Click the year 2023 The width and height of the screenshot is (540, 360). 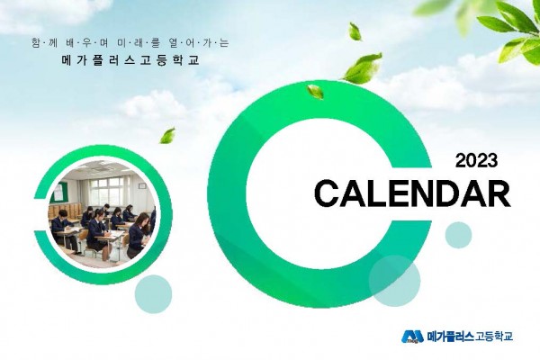click(477, 160)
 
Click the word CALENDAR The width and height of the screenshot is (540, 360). click(412, 194)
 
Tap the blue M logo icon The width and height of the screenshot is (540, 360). click(412, 337)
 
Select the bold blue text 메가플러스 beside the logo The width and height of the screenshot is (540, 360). click(450, 337)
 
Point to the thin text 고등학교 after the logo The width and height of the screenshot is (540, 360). click(494, 337)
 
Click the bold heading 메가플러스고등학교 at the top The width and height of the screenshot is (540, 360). click(130, 60)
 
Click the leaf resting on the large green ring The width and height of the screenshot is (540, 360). click(315, 92)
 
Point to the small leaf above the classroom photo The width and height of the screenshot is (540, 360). click(167, 135)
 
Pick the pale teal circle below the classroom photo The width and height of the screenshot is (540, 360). click(153, 294)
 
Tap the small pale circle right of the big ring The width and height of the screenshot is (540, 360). click(458, 235)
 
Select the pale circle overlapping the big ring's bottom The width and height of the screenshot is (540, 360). click(395, 281)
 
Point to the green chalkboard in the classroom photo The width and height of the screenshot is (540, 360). click(58, 193)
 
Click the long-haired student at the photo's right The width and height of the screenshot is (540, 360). click(139, 234)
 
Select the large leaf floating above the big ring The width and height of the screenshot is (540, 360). click(363, 67)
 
